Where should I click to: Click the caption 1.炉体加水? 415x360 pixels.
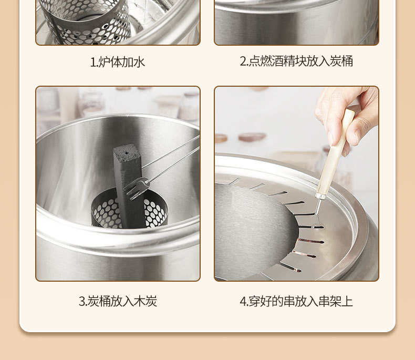tap(118, 62)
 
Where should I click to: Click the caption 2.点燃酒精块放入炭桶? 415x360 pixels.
tap(296, 61)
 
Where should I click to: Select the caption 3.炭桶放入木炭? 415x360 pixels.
tap(118, 301)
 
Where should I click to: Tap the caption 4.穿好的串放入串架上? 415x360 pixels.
tap(296, 301)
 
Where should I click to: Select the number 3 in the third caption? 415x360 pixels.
tap(82, 302)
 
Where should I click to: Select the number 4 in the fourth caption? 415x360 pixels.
tap(243, 302)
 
